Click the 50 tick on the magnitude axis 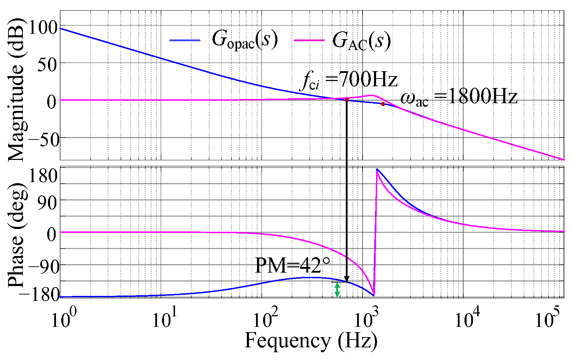click(47, 65)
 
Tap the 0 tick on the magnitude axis click(52, 102)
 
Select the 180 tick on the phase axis click(42, 176)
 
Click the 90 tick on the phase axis click(47, 203)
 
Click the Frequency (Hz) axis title click(311, 341)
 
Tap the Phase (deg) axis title click(16, 235)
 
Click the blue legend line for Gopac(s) click(185, 41)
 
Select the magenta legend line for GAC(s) click(308, 41)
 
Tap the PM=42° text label click(293, 266)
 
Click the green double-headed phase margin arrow click(337, 290)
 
